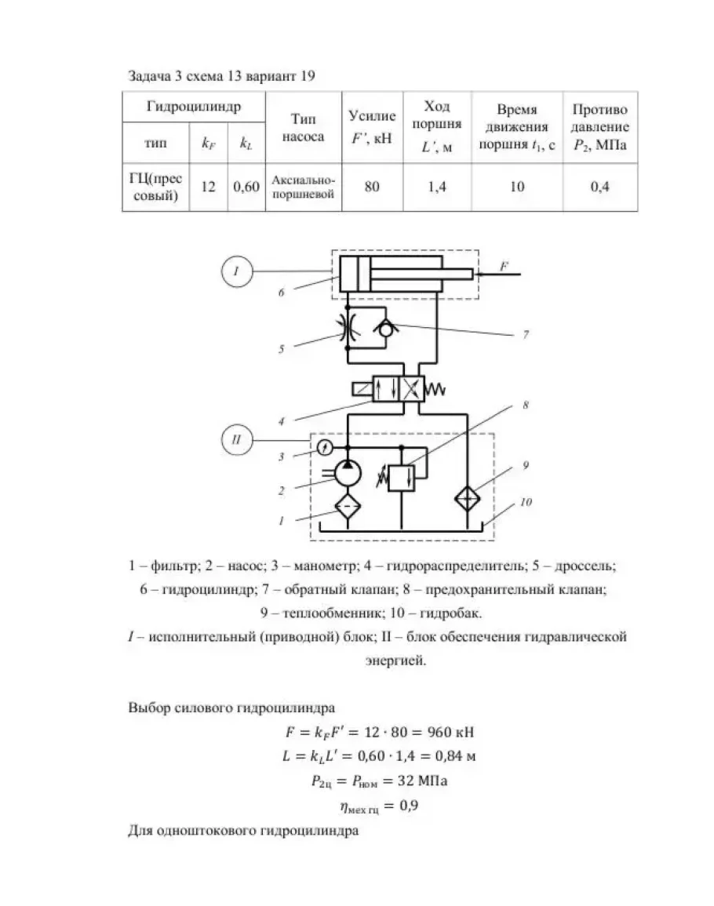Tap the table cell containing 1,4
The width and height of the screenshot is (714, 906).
436,187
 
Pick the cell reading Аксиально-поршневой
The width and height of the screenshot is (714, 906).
303,187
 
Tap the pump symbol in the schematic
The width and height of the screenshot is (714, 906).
345,473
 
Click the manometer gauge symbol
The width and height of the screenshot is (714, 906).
327,447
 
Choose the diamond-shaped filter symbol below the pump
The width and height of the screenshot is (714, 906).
345,507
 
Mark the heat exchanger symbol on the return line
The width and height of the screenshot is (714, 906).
468,500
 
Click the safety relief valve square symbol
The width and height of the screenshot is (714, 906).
403,478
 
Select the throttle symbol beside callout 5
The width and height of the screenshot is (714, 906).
346,330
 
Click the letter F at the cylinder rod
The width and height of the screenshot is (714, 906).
505,267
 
